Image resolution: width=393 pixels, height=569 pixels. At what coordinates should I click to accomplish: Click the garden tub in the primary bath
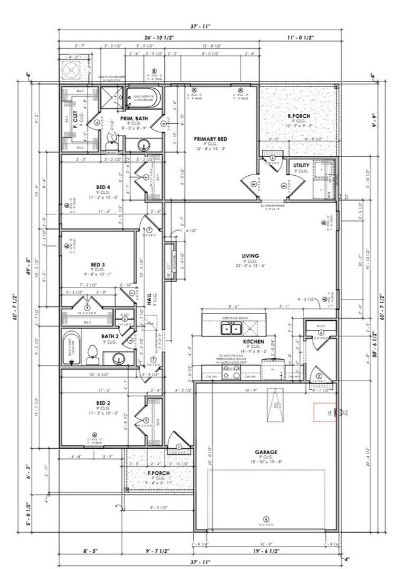click(143, 97)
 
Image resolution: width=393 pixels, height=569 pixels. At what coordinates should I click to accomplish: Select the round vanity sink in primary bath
click(145, 144)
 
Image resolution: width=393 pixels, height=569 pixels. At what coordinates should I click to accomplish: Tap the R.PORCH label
click(299, 115)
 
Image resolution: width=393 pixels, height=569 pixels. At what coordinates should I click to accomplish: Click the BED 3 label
click(98, 265)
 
